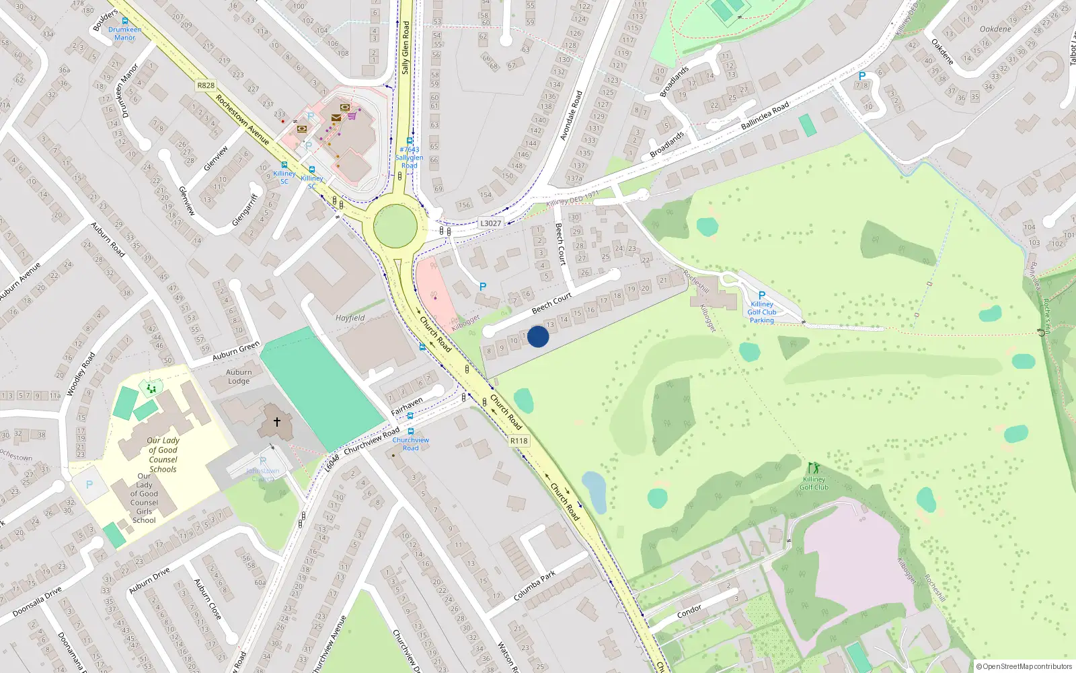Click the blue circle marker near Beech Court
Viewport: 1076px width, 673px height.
click(x=538, y=336)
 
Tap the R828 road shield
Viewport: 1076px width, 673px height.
click(x=206, y=85)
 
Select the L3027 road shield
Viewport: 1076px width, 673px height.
click(x=490, y=223)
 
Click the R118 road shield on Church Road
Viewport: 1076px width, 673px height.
click(x=518, y=441)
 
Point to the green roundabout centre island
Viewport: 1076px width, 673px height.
click(x=395, y=226)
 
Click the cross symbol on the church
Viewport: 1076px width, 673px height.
click(x=276, y=422)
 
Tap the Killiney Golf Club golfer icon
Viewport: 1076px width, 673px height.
click(x=814, y=468)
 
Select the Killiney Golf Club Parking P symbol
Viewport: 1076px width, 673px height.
click(x=762, y=295)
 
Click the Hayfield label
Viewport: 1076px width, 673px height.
click(x=350, y=318)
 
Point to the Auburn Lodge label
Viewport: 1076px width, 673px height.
click(x=239, y=376)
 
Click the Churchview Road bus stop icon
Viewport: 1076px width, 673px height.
click(x=410, y=431)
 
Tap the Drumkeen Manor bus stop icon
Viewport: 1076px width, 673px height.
click(x=124, y=21)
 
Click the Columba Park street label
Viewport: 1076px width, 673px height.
click(x=535, y=586)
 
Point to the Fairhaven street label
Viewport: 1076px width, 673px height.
click(x=407, y=406)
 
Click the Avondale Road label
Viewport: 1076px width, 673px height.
click(x=571, y=116)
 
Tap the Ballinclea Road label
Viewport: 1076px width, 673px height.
click(x=765, y=116)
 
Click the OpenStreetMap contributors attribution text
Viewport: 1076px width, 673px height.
click(x=1024, y=666)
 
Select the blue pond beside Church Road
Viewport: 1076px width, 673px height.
click(x=594, y=492)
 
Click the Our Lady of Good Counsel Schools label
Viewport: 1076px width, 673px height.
click(x=163, y=455)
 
